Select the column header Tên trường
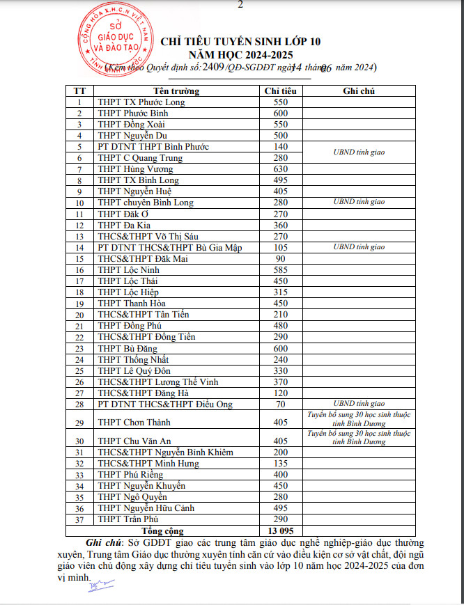click(x=176, y=91)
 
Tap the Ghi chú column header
click(x=359, y=91)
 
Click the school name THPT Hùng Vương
click(x=135, y=169)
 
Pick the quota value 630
click(x=281, y=169)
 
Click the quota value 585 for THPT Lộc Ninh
click(x=281, y=270)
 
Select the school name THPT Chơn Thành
click(x=134, y=422)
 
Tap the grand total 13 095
click(x=281, y=531)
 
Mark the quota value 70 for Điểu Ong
click(x=281, y=404)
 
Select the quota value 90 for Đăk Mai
click(x=281, y=259)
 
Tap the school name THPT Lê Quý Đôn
click(x=134, y=371)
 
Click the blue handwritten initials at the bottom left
click(x=93, y=587)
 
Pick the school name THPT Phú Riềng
click(x=130, y=475)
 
